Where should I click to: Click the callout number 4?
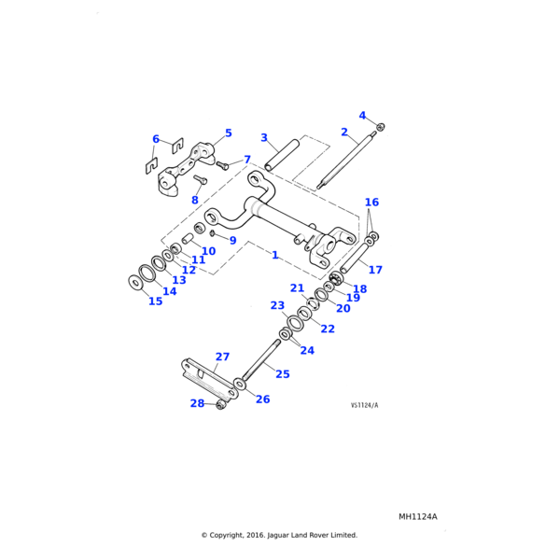click(x=362, y=116)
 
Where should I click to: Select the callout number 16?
click(x=371, y=203)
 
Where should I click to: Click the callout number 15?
click(x=155, y=301)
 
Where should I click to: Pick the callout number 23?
click(x=277, y=305)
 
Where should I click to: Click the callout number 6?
click(x=156, y=139)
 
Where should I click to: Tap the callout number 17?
click(x=375, y=270)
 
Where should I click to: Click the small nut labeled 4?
click(x=380, y=126)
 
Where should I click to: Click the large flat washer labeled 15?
click(x=135, y=282)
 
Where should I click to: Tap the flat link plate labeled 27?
click(x=210, y=379)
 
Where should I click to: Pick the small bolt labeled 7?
click(x=222, y=164)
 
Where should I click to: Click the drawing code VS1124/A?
click(x=364, y=405)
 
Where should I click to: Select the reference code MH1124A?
click(x=417, y=516)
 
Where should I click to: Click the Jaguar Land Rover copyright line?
click(x=279, y=535)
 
